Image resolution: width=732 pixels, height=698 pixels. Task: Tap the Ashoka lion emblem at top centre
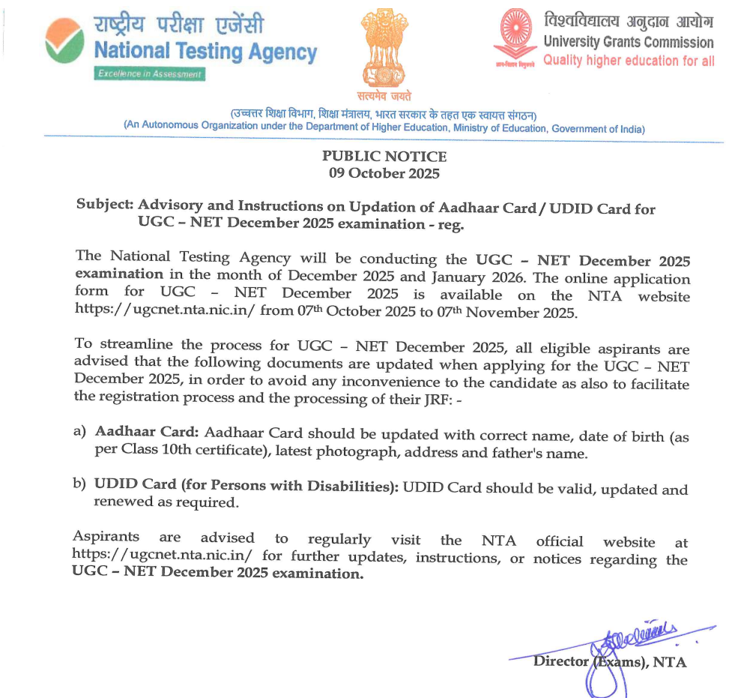(x=384, y=48)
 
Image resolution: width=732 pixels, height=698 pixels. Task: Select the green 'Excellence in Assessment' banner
(x=149, y=74)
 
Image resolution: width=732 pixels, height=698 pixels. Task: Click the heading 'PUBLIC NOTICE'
(x=384, y=157)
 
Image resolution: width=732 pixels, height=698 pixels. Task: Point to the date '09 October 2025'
(x=384, y=173)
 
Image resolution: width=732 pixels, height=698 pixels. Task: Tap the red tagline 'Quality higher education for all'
(x=629, y=61)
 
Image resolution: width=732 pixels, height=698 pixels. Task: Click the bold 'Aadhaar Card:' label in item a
(x=147, y=433)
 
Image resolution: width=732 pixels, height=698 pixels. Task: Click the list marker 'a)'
(x=79, y=433)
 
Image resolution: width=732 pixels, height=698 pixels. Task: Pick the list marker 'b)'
(x=79, y=486)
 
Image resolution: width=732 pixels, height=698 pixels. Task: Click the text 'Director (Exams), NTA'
(x=609, y=662)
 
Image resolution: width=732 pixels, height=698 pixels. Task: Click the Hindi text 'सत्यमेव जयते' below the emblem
(x=384, y=95)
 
